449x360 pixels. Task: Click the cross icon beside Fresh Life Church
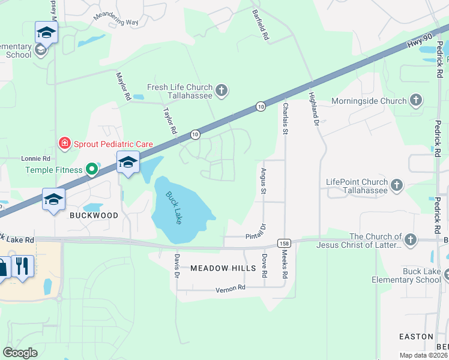coord(221,91)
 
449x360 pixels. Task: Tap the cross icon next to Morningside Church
coord(416,101)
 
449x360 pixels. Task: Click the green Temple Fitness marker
coord(91,170)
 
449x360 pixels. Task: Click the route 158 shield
coord(285,242)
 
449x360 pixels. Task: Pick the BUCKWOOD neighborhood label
coord(93,214)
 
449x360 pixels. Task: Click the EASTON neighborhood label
coord(416,337)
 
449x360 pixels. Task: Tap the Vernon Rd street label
coord(231,289)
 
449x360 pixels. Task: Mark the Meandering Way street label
coord(116,18)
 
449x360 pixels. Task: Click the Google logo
coord(20,353)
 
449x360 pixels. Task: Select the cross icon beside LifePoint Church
coord(397,186)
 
